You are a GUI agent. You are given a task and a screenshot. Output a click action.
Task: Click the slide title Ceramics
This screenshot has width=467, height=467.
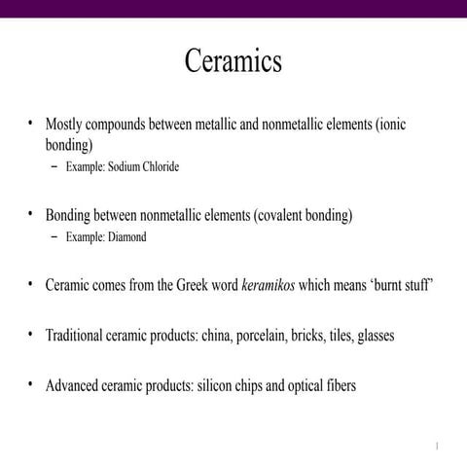tap(233, 61)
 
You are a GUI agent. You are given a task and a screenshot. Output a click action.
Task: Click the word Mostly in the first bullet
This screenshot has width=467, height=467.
tap(67, 126)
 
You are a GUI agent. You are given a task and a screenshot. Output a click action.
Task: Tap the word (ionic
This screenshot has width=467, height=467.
tap(398, 126)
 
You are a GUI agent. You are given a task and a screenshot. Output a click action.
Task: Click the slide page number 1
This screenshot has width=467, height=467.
tap(438, 447)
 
